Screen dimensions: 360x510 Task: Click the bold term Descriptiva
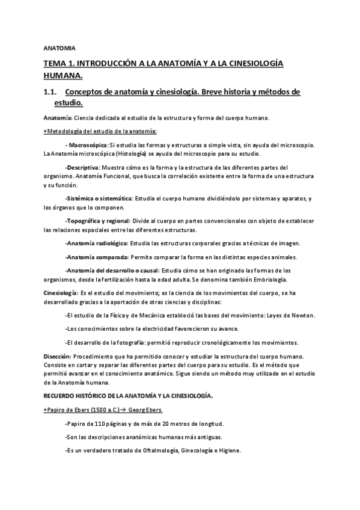click(x=82, y=167)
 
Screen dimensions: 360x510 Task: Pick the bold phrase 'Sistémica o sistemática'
click(x=99, y=198)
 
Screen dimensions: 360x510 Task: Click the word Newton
click(x=304, y=315)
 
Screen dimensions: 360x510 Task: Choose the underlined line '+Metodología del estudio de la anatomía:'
click(x=100, y=131)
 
